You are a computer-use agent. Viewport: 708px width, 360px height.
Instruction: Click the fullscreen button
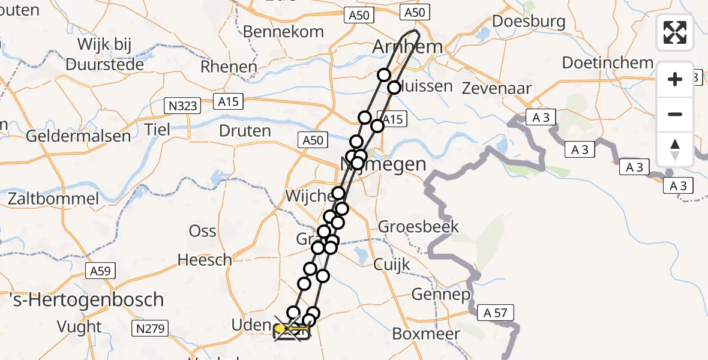(x=675, y=32)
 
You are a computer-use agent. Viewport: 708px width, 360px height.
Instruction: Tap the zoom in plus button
(x=675, y=79)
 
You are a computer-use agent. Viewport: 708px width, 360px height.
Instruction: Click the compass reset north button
(x=675, y=149)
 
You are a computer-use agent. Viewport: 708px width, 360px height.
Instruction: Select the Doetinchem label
(x=607, y=62)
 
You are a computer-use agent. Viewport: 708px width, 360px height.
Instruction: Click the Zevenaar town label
(x=496, y=89)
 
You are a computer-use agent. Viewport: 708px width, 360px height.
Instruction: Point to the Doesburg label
(x=528, y=22)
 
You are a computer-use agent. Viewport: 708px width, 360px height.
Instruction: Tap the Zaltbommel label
(x=53, y=199)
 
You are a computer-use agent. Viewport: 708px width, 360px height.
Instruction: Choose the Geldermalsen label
(x=78, y=136)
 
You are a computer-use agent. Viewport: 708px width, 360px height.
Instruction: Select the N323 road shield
(x=181, y=106)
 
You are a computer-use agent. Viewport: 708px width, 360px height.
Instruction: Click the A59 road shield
(x=100, y=271)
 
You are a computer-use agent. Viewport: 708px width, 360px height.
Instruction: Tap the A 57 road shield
(x=496, y=313)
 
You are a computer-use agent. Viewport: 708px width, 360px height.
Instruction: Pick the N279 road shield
(x=150, y=328)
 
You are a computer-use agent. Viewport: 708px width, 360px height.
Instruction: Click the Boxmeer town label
(x=426, y=334)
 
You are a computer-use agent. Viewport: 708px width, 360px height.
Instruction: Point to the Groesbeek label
(x=418, y=227)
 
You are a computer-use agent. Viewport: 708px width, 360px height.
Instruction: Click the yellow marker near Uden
(x=280, y=329)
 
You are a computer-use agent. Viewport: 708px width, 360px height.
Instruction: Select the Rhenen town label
(x=229, y=67)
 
